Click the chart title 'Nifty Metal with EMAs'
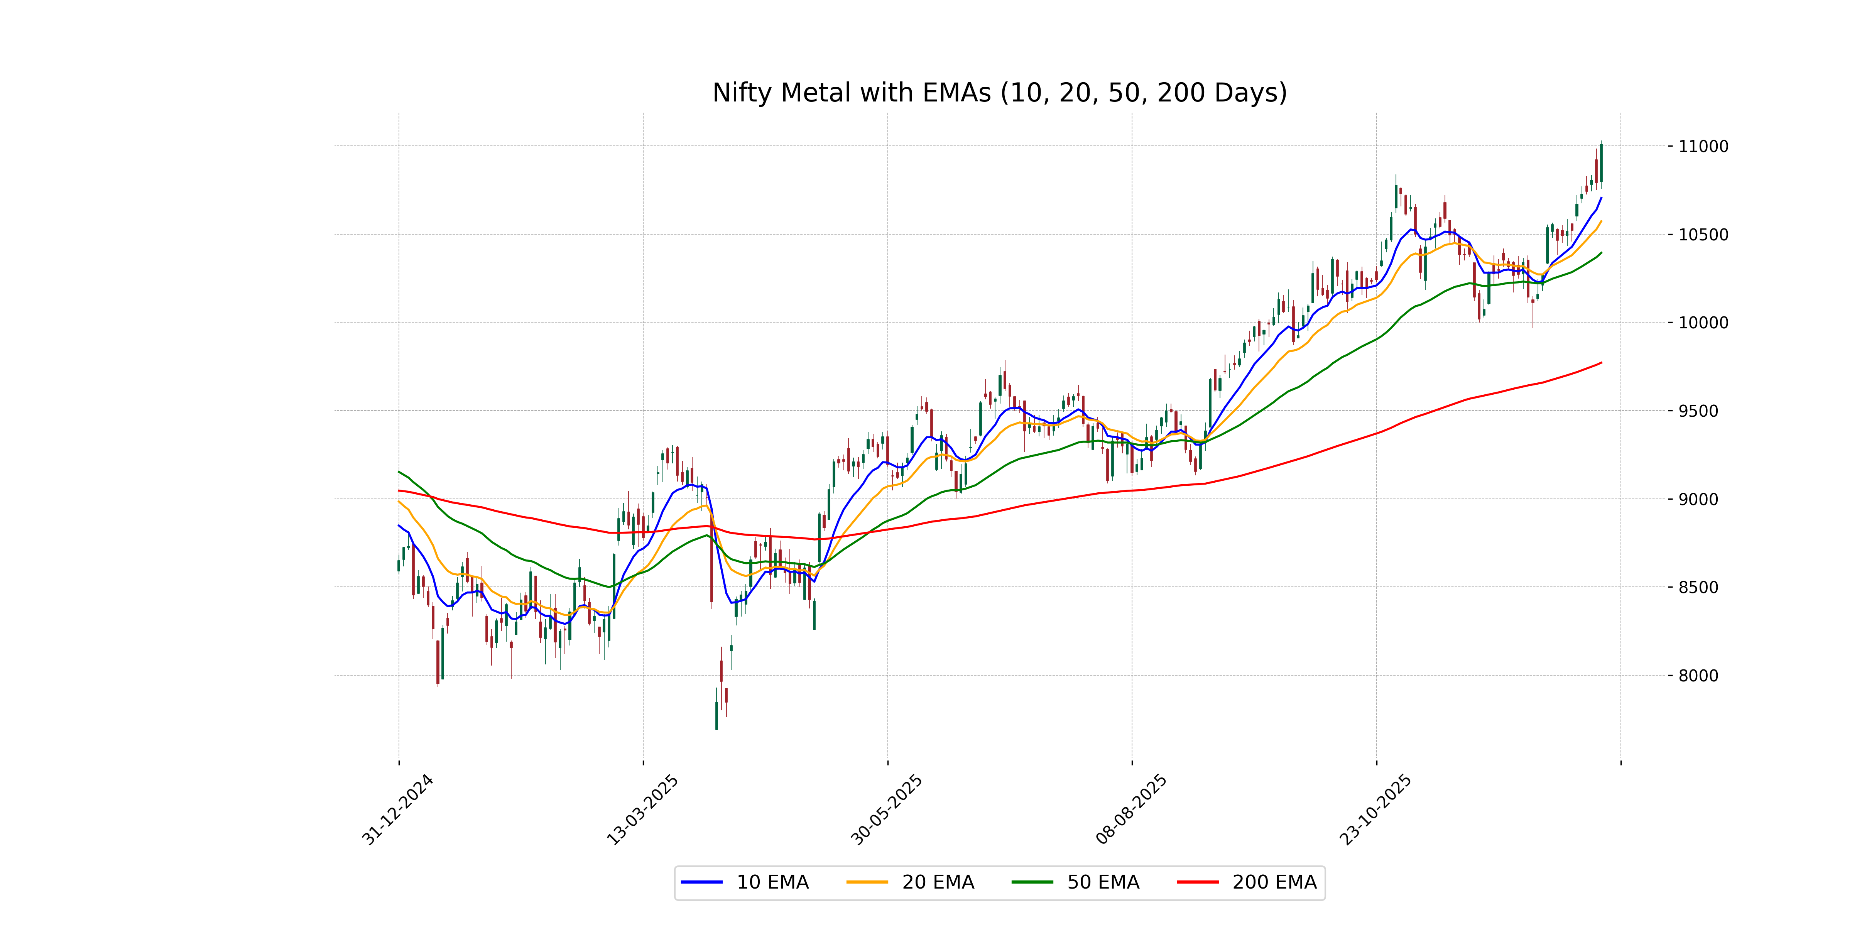[x=999, y=93]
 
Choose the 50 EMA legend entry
[x=1076, y=882]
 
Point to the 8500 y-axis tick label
[x=1698, y=587]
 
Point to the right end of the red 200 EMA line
[x=1601, y=362]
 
